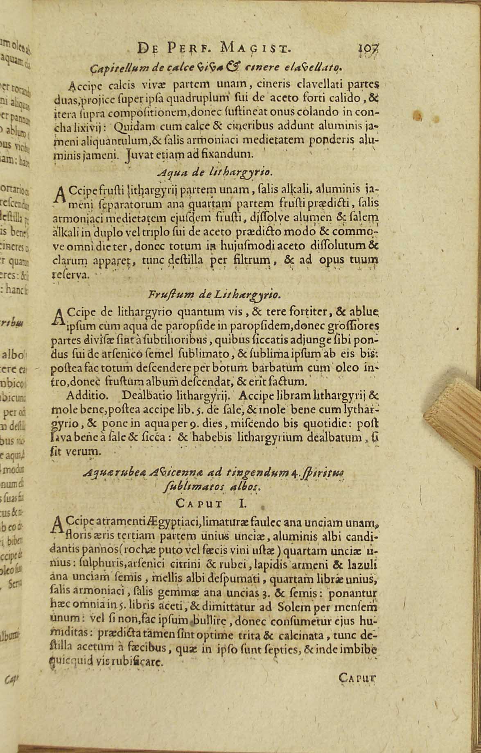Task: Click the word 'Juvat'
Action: (x=138, y=155)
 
